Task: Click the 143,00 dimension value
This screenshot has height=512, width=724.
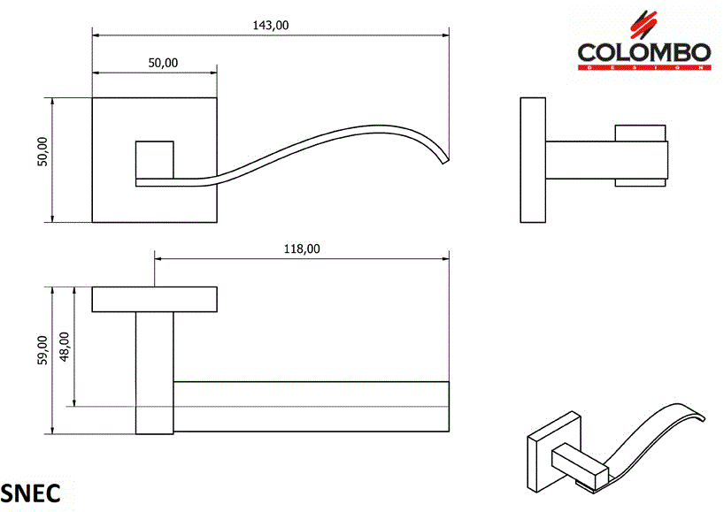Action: coord(271,25)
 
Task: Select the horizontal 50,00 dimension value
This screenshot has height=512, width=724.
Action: coord(163,62)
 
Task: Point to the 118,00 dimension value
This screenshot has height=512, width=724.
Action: coord(301,248)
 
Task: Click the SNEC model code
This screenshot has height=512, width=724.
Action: coord(31,493)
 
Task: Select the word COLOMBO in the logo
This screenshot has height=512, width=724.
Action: coord(643,52)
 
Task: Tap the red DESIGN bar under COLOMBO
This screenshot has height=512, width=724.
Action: coord(643,67)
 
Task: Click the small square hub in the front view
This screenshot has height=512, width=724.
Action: coord(153,158)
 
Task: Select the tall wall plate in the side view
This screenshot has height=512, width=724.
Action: coord(532,160)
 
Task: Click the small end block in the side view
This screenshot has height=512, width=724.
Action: coord(640,157)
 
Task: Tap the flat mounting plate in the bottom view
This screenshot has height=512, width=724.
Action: coord(155,299)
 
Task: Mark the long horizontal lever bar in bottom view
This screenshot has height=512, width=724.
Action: coord(310,408)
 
